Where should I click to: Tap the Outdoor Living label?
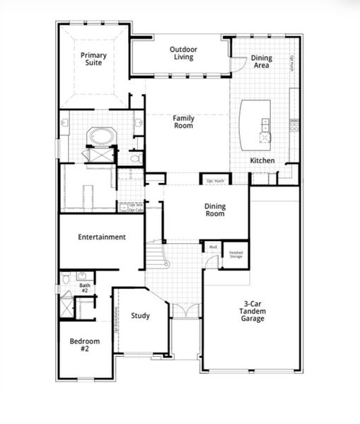(183, 53)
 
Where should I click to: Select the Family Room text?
(183, 122)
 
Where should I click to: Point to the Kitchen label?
(262, 161)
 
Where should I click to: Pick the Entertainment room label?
(102, 237)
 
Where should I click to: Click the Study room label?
(140, 315)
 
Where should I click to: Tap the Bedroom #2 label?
(84, 345)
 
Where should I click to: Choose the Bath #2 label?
(83, 288)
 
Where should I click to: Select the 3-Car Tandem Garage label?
(251, 311)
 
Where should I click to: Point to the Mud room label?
(211, 247)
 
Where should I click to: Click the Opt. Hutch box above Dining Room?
(214, 181)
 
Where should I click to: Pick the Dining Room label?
(215, 211)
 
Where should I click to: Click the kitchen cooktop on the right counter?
(294, 128)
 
